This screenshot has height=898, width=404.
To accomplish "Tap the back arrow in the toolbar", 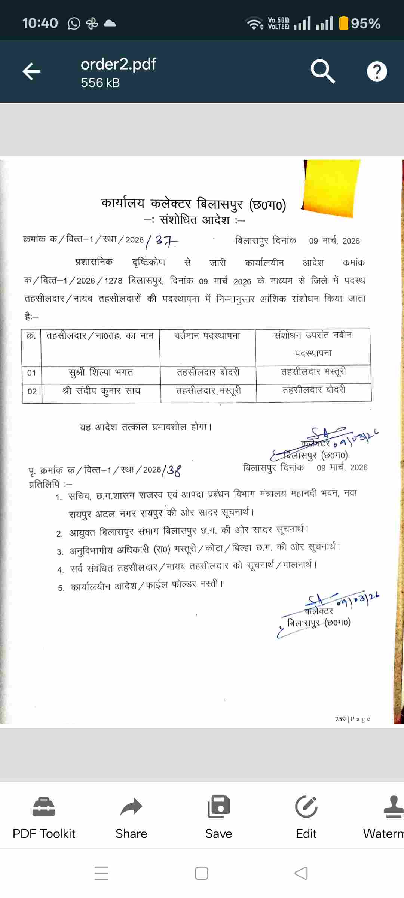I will (31, 71).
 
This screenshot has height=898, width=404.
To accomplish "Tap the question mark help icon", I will (377, 71).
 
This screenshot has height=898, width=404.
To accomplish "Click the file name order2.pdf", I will (118, 64).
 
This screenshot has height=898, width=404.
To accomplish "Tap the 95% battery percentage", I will (365, 24).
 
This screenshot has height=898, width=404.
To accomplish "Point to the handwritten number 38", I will (174, 470).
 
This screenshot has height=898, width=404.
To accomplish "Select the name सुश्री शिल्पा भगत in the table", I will (101, 373).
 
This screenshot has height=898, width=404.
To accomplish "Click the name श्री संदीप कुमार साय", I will (101, 391).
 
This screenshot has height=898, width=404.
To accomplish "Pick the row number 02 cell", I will (32, 391).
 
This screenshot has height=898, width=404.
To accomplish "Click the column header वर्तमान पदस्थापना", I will (208, 336).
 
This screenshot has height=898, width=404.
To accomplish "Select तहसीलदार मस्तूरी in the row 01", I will (313, 372).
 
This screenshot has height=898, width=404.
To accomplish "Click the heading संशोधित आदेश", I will (194, 220).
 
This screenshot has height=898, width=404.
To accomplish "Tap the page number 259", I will (340, 719).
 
